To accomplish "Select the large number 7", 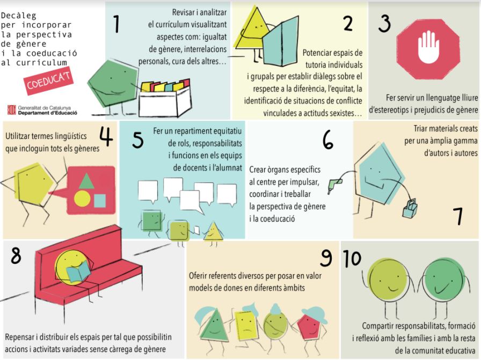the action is click(458, 216).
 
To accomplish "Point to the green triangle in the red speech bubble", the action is click(86, 181).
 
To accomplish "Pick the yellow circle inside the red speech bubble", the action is click(82, 198).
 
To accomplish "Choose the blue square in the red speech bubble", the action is click(100, 201).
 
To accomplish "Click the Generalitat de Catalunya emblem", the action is click(12, 110).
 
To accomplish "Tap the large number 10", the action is click(352, 258).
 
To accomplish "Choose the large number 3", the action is click(384, 24).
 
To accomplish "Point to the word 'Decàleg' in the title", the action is click(18, 16).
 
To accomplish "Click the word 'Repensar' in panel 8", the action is click(19, 337).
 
